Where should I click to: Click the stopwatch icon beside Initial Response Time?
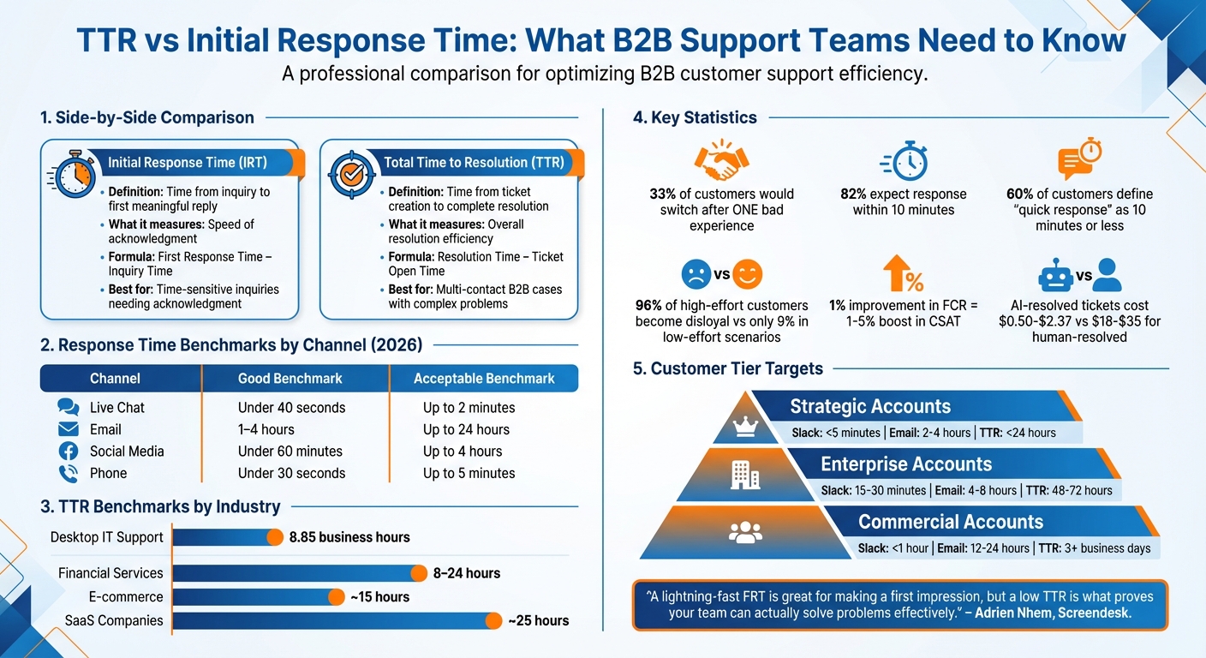pyautogui.click(x=74, y=175)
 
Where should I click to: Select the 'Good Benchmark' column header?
pyautogui.click(x=290, y=378)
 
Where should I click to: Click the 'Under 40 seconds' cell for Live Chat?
pyautogui.click(x=291, y=408)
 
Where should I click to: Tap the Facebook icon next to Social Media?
pyautogui.click(x=68, y=452)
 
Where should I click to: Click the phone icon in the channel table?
pyautogui.click(x=68, y=473)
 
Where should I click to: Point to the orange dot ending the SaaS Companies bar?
pyautogui.click(x=493, y=621)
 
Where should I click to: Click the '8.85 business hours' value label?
pyautogui.click(x=349, y=537)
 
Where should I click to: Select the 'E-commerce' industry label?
pyautogui.click(x=126, y=596)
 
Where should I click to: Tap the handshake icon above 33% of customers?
pyautogui.click(x=721, y=159)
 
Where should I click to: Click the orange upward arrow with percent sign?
pyautogui.click(x=903, y=275)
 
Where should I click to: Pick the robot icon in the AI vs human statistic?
pyautogui.click(x=1055, y=276)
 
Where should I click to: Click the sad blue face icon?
pyautogui.click(x=696, y=275)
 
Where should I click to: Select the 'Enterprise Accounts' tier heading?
pyautogui.click(x=905, y=464)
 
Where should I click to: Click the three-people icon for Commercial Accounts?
pyautogui.click(x=745, y=532)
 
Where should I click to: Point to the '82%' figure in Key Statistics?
pyautogui.click(x=856, y=194)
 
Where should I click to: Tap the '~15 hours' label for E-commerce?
pyautogui.click(x=379, y=597)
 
